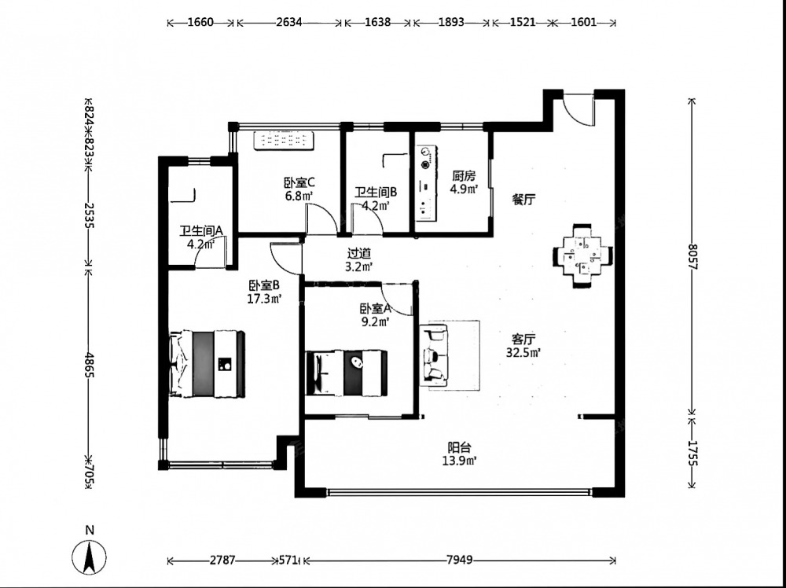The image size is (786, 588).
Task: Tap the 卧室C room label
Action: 299,182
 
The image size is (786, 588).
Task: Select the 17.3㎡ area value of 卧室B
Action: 264,300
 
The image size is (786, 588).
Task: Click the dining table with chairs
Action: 582,255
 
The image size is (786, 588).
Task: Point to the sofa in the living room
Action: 435,355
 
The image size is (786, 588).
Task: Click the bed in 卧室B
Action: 207,363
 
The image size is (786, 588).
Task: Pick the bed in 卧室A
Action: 347,373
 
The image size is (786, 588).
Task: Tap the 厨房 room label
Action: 463,176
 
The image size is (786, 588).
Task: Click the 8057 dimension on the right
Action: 692,256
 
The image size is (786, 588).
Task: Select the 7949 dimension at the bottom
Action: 459,560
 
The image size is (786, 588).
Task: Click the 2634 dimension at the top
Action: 288,23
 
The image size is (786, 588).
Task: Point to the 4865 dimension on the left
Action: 89,365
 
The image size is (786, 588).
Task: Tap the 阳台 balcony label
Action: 459,447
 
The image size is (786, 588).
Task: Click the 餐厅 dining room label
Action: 523,200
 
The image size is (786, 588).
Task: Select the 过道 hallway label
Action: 359,254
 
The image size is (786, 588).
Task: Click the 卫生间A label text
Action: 200,231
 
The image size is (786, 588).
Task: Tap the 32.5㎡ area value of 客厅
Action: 523,352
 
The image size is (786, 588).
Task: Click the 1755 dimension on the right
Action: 692,453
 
